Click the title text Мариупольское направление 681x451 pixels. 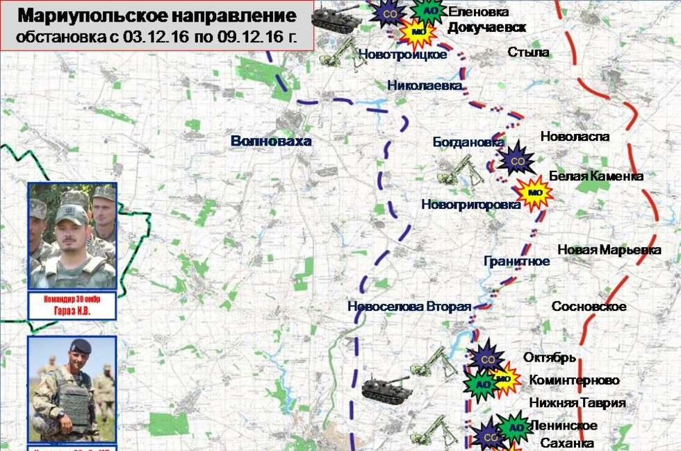pos(157,16)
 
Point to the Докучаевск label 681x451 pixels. pos(486,27)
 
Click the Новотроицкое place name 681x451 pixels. pos(403,54)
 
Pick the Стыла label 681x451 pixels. pos(528,52)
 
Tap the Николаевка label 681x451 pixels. pos(425,85)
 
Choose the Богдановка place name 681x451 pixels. pos(468,142)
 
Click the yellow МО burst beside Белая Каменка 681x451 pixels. pos(534,192)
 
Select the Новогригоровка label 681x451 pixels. pos(470,205)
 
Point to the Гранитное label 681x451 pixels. pos(516,262)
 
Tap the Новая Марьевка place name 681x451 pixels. pos(609,250)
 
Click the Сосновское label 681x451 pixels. pos(589,306)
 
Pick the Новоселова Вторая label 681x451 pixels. pos(409,307)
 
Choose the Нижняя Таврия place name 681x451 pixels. pos(577,402)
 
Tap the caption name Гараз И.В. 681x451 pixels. pos(72,312)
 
